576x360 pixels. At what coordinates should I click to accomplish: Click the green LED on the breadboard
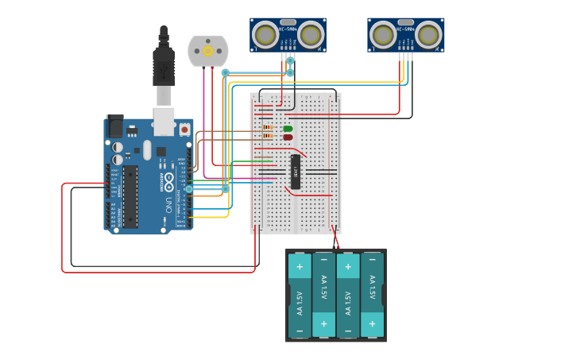[x=288, y=129]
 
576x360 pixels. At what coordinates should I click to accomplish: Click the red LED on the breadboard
[x=288, y=137]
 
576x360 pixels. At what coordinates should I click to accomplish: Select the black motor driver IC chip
[x=295, y=171]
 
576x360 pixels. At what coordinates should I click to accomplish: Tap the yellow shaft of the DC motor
[x=208, y=51]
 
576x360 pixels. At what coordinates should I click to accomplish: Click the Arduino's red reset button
[x=184, y=129]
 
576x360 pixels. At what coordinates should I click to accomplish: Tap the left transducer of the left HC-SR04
[x=265, y=35]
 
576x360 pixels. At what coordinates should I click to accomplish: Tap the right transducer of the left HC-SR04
[x=311, y=35]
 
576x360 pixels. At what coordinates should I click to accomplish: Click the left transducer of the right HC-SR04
[x=383, y=35]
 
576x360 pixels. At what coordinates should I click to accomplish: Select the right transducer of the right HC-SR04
[x=428, y=35]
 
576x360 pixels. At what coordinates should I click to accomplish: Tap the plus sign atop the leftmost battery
[x=300, y=266]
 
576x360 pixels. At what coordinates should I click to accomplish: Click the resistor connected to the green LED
[x=267, y=128]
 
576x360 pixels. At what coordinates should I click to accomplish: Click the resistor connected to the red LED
[x=267, y=137]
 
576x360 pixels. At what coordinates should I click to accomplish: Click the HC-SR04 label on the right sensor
[x=405, y=22]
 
